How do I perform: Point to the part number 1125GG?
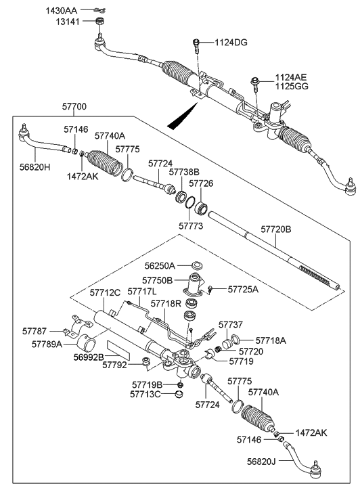point(292,87)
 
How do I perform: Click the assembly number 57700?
point(75,108)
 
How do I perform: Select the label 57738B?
point(184,172)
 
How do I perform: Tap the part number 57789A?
point(47,344)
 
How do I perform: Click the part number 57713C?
point(148,395)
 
